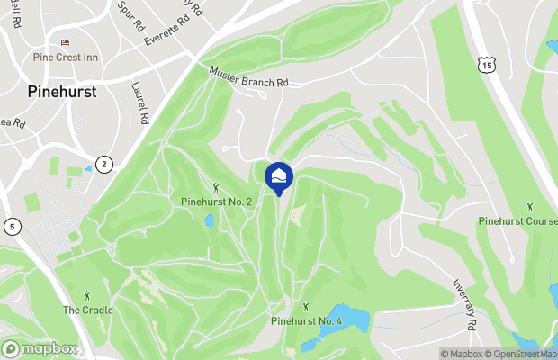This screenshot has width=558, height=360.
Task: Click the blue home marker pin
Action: click(279, 175)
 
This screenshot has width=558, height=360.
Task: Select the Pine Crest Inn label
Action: click(65, 57)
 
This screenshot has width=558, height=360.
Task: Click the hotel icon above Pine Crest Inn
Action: click(65, 42)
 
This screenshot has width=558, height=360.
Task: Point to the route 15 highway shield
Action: click(487, 65)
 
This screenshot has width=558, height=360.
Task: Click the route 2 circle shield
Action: click(104, 164)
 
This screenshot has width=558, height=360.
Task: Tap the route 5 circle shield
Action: click(13, 226)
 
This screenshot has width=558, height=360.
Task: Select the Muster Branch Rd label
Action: click(249, 80)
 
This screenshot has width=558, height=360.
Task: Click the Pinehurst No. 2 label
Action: click(216, 202)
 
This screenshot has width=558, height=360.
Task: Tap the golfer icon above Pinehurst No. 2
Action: click(216, 187)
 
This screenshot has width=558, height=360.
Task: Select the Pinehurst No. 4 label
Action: click(307, 320)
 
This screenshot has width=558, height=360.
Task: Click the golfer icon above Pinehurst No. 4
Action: click(307, 306)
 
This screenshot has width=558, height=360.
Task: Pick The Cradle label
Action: click(87, 310)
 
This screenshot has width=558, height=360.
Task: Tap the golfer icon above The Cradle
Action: click(87, 294)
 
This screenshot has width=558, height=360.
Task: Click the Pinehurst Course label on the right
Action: click(517, 220)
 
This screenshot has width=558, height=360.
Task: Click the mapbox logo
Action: click(40, 348)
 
